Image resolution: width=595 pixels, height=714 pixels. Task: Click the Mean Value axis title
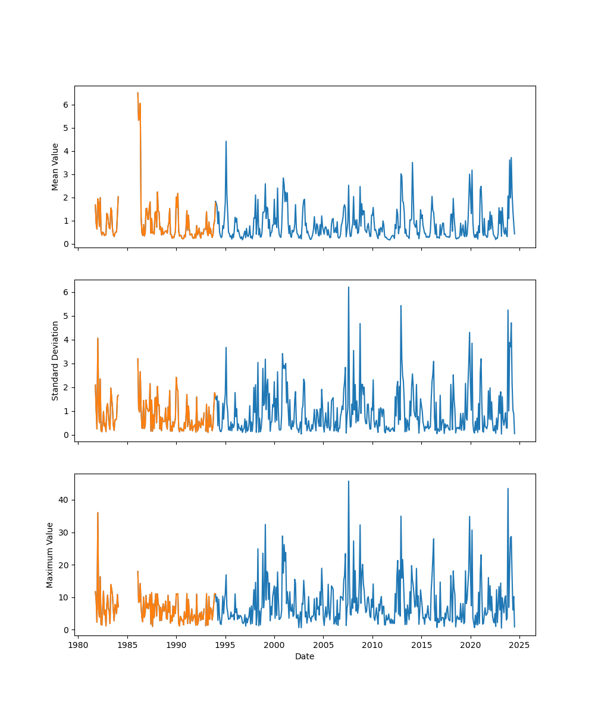click(x=55, y=167)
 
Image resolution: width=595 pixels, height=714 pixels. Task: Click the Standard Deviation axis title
click(x=55, y=361)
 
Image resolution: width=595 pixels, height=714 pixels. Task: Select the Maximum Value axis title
click(x=50, y=555)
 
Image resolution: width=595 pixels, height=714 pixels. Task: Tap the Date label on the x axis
click(x=305, y=657)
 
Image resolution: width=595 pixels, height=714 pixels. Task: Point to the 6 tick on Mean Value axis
click(x=66, y=105)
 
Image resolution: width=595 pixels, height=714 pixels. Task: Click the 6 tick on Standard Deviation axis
click(x=66, y=292)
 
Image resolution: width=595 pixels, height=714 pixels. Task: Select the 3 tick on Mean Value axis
click(x=66, y=174)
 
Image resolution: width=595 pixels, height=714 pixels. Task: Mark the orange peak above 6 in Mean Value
click(x=137, y=93)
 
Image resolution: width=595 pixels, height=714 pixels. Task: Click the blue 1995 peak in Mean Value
click(x=226, y=142)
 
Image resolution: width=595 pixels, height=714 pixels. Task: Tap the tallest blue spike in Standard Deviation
click(x=348, y=287)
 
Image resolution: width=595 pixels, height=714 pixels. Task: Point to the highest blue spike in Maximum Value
click(x=348, y=481)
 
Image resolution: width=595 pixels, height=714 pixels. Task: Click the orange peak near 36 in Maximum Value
click(x=98, y=512)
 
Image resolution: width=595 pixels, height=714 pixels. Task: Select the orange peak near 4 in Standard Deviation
click(x=98, y=339)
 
